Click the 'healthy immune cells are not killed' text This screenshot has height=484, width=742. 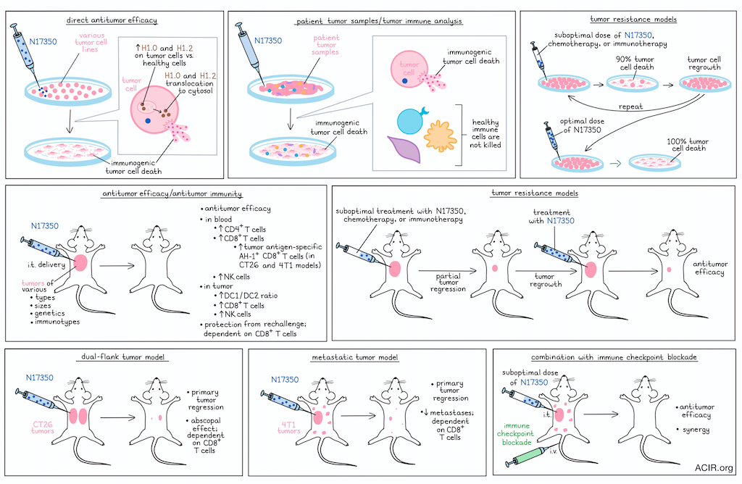tap(485, 133)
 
